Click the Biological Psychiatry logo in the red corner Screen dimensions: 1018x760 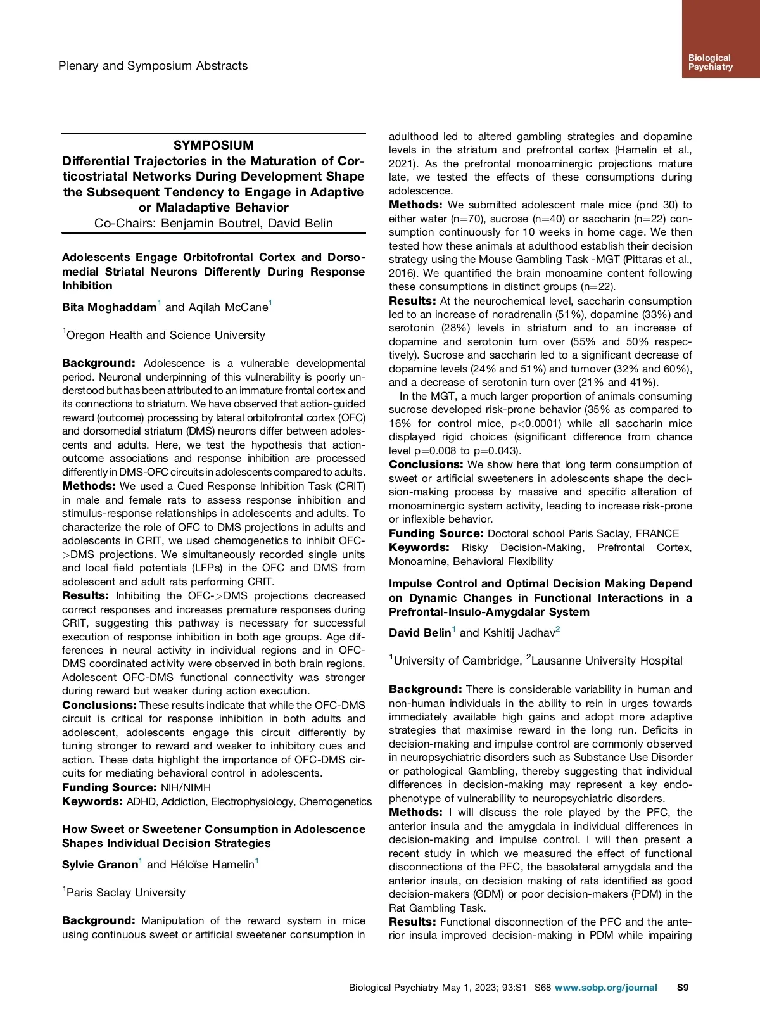(710, 62)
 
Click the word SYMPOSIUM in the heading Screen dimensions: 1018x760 (213, 145)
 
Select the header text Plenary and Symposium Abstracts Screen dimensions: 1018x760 (153, 66)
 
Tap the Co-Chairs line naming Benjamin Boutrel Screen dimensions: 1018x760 (213, 223)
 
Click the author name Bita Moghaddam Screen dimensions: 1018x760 (109, 307)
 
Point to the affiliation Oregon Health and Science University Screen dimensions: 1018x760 (165, 335)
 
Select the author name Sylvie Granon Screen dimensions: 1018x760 (100, 865)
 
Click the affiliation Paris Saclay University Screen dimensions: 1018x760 (125, 893)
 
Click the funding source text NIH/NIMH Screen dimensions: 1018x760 (186, 787)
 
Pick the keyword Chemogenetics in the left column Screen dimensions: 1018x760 (336, 801)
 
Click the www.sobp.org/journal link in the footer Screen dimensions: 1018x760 (605, 988)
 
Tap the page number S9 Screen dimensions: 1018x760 (683, 988)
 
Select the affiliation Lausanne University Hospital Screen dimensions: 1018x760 (607, 661)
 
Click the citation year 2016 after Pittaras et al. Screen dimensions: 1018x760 (403, 273)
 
